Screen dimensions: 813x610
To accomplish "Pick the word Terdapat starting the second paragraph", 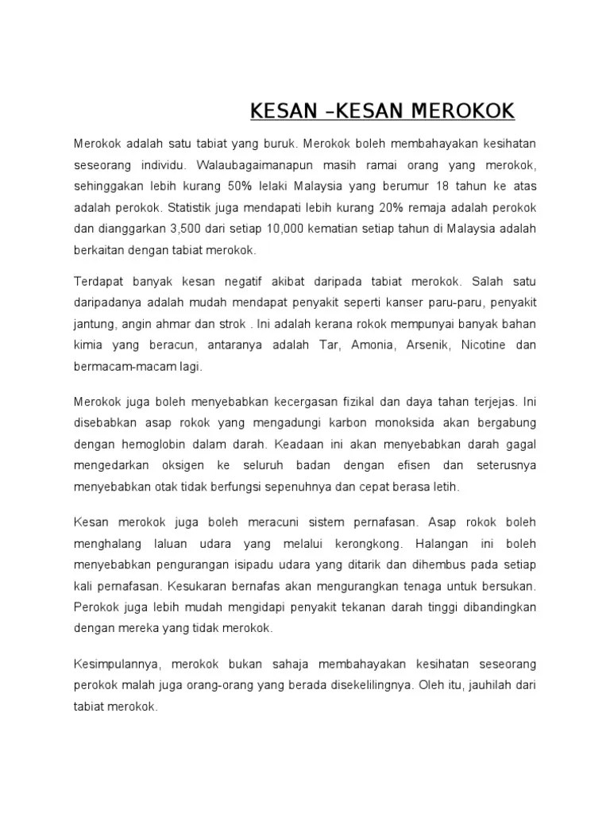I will (98, 281).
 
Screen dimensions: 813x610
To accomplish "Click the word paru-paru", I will (428, 302).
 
